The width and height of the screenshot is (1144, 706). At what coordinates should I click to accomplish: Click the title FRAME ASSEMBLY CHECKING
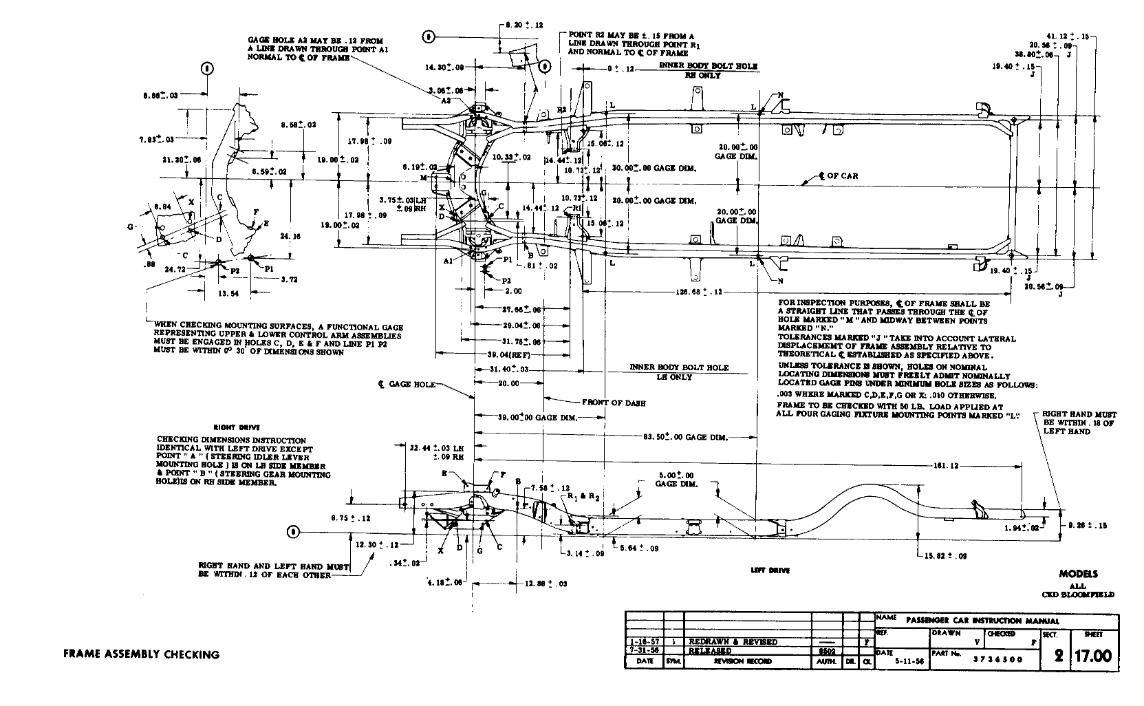click(x=141, y=654)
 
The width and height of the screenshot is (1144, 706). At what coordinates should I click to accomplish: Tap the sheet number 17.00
click(x=1094, y=656)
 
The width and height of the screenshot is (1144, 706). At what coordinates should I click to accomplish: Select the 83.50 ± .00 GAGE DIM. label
click(x=685, y=437)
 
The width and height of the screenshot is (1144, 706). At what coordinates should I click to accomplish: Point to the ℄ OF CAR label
click(x=838, y=176)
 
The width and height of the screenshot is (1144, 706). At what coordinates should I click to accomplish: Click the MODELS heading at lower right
click(x=1078, y=574)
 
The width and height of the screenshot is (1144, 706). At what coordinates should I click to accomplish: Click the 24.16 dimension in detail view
click(x=290, y=235)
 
